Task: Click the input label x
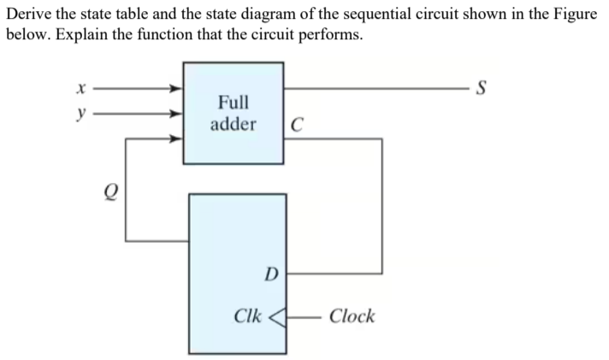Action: point(81,88)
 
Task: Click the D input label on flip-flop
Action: point(271,274)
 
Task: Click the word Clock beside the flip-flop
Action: point(352,316)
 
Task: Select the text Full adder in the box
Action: point(234,113)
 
